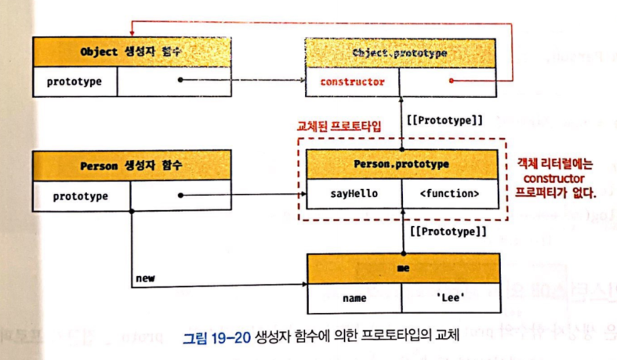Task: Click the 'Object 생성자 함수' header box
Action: click(132, 53)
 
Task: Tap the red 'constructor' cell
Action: click(352, 82)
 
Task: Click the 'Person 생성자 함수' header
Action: click(132, 166)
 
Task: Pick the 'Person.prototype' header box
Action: click(401, 165)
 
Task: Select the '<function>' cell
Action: click(450, 193)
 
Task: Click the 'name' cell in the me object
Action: click(354, 298)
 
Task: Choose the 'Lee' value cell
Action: click(450, 298)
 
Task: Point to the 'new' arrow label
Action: click(145, 278)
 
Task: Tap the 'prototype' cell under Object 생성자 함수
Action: click(72, 81)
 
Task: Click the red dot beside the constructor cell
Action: click(451, 81)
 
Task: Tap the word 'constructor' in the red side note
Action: click(555, 178)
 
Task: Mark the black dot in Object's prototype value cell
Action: click(180, 80)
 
